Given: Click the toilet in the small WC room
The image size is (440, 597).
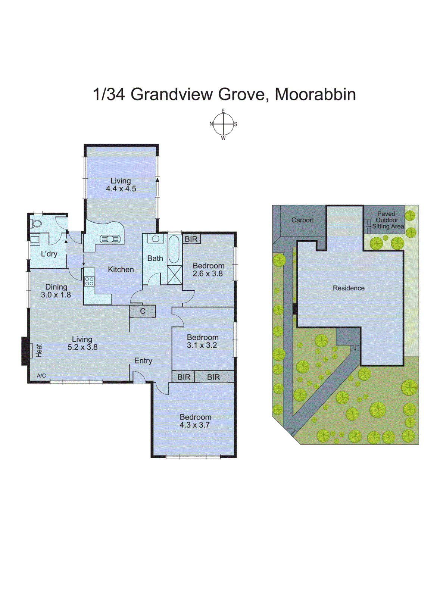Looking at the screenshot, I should [36, 224].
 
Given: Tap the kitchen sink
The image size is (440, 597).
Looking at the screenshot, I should [110, 239].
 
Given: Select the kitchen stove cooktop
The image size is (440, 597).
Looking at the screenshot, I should [89, 281].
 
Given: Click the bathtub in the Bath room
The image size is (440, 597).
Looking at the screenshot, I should [174, 249].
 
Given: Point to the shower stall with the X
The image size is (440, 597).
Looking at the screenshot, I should [174, 275].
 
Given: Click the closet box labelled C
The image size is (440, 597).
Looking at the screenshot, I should [143, 311].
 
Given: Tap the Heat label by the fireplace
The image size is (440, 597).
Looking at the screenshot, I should [39, 350].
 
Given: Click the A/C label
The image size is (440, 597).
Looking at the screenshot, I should [41, 376].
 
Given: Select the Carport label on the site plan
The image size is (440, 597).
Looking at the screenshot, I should [302, 220].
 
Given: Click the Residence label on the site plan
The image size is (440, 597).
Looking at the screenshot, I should [349, 288].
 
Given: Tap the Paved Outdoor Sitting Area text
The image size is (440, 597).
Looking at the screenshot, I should [387, 220].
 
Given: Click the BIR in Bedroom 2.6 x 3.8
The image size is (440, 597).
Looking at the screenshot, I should [191, 239].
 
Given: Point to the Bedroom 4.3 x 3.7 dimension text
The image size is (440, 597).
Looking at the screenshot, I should [194, 425].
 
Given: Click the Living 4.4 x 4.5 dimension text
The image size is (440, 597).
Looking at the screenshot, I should [121, 189].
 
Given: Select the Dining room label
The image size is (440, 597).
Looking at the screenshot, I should [56, 287].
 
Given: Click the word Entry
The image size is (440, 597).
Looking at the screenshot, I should [143, 361].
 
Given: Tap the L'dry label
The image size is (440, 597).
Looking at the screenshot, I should [49, 254].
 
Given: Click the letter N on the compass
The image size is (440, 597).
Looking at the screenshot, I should [211, 124].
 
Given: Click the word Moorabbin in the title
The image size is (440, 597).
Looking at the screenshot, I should [315, 94].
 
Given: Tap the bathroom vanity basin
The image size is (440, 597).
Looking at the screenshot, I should [156, 239].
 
